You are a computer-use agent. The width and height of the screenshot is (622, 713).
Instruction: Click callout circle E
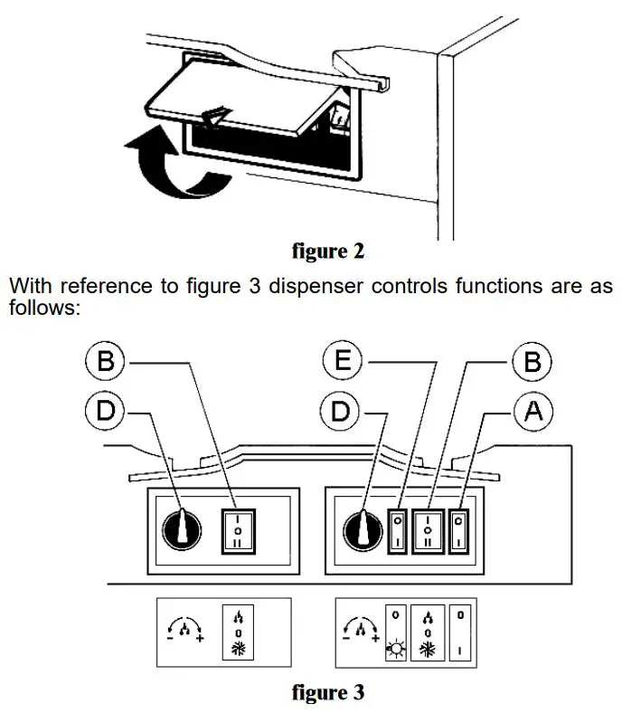pos(341,363)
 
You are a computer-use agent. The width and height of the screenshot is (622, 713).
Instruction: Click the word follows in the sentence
pos(43,308)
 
